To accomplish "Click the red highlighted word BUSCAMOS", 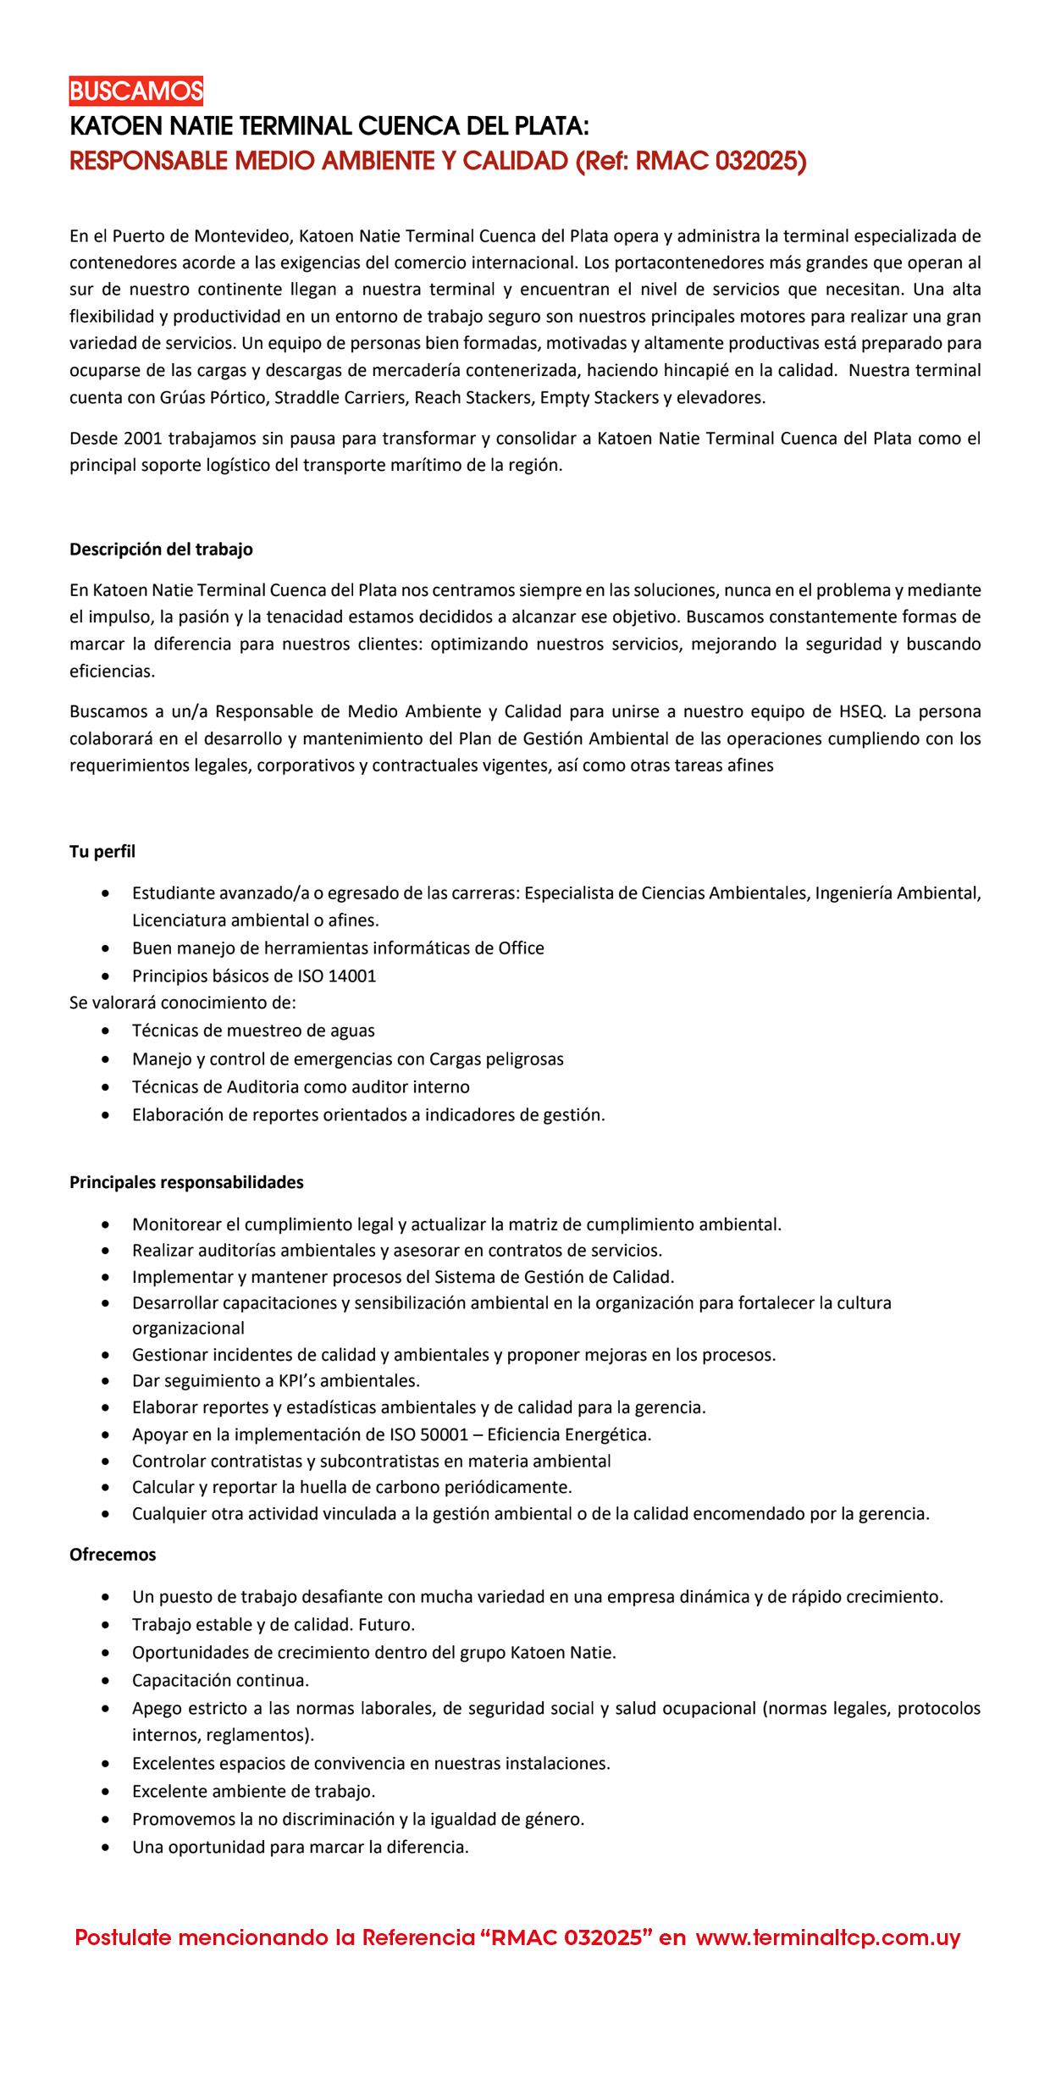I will point(136,91).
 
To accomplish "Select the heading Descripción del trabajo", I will point(161,549).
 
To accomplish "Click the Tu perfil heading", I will point(102,851).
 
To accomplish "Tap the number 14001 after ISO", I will point(351,975).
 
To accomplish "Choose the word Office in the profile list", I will point(521,948).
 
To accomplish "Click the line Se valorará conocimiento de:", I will point(183,1003).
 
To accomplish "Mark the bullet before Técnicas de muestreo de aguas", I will point(105,1031).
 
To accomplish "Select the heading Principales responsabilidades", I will point(186,1181).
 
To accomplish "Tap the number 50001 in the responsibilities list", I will point(444,1434).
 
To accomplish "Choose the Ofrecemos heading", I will point(113,1554).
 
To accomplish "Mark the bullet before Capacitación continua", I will point(105,1680).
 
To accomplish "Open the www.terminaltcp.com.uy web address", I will point(828,1937).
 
